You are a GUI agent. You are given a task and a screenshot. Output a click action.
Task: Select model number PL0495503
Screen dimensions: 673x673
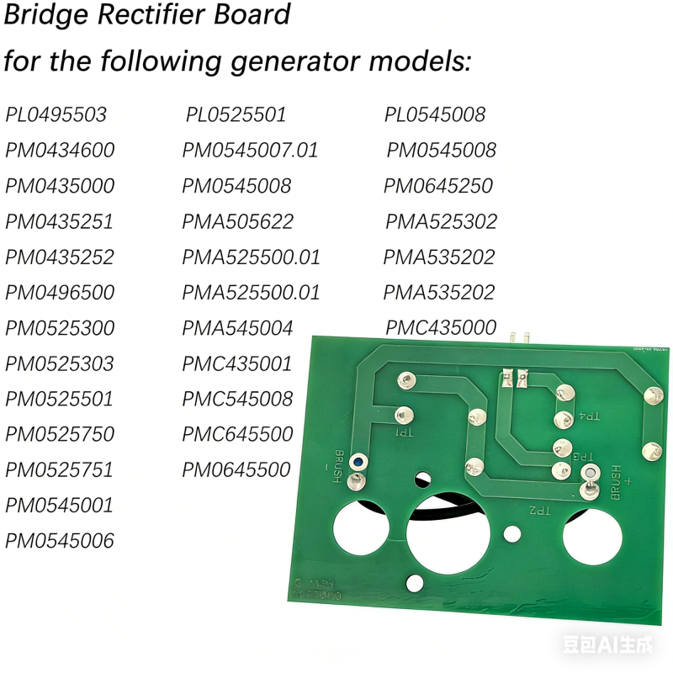coord(56,114)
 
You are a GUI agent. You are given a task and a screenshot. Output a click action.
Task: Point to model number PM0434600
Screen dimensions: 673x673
coord(60,151)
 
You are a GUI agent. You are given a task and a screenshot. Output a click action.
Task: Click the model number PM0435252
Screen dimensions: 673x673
coord(60,257)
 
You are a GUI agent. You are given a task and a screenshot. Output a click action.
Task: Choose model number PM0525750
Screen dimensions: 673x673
coord(60,434)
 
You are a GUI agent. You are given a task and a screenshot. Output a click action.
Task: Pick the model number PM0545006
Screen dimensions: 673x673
coord(60,540)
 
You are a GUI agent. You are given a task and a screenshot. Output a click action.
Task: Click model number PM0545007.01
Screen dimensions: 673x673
coord(251,151)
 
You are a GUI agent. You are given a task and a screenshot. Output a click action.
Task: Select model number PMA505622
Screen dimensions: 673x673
coord(238,221)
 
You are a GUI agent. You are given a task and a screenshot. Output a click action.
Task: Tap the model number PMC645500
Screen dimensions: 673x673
coord(238,434)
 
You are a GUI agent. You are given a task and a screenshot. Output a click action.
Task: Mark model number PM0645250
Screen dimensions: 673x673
coord(438,186)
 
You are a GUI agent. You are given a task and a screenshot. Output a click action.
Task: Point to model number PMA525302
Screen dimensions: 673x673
coord(442,221)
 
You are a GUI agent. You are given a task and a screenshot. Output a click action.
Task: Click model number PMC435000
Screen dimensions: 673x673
coord(442,327)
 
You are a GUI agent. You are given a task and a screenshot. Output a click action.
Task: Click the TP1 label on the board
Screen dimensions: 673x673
coord(405,433)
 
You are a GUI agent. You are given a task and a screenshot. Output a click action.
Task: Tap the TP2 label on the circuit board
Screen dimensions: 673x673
coord(538,510)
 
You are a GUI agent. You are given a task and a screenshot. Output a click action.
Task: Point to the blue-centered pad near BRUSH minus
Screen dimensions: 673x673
coord(358,462)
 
